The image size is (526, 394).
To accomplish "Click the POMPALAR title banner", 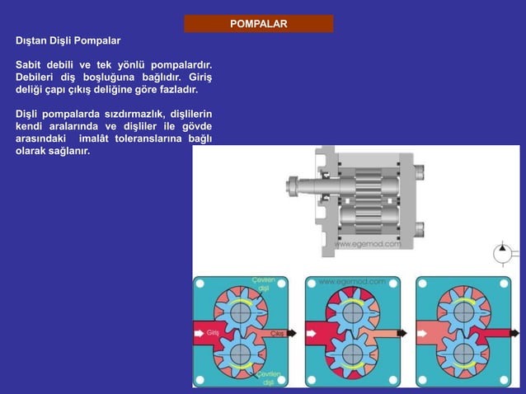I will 258,23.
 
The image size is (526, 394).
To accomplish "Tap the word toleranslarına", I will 148,139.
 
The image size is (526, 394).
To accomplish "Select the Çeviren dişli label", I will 264,284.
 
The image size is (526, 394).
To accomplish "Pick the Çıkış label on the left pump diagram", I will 279,332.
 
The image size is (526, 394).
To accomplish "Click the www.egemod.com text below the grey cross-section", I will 368,244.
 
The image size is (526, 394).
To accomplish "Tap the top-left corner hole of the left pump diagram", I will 200,284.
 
